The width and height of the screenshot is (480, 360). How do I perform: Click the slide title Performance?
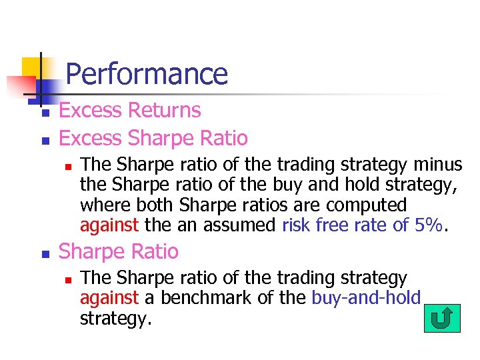[x=147, y=73]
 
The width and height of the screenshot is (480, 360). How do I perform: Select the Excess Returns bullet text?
[x=130, y=110]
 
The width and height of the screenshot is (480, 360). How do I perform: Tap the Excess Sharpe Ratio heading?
[x=153, y=138]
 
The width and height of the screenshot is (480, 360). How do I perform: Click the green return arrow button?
[x=441, y=318]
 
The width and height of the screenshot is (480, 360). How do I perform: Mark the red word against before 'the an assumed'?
[x=109, y=225]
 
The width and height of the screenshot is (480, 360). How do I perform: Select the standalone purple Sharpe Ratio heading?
[x=119, y=251]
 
